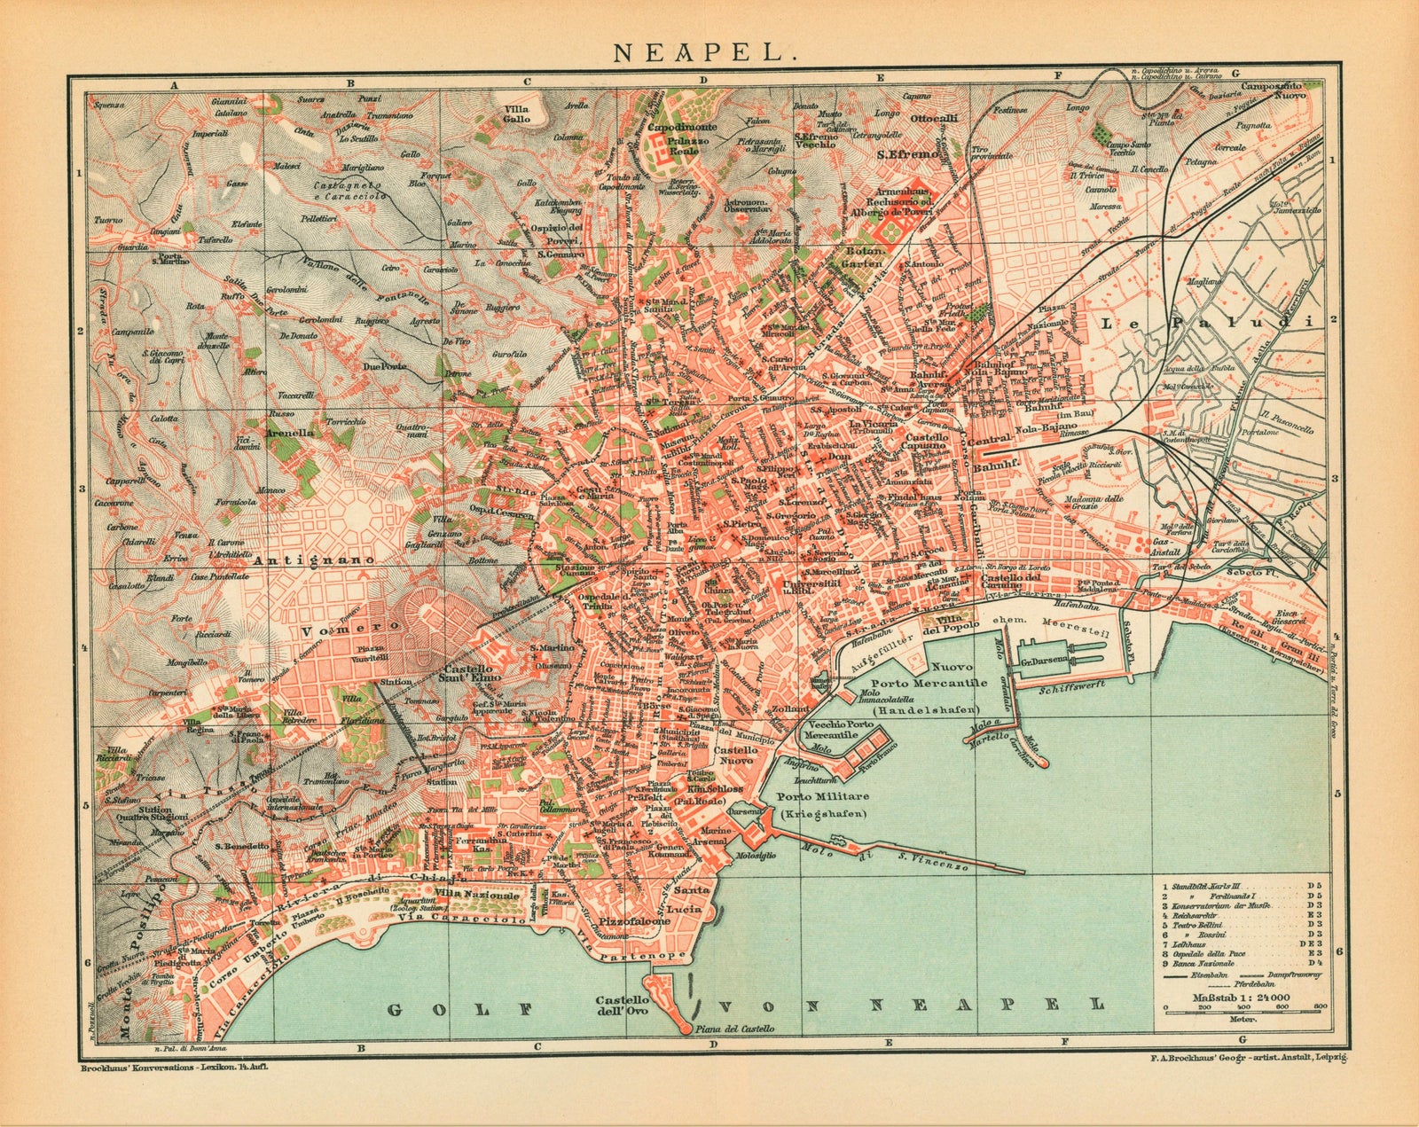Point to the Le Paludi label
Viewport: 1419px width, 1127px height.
(x=1205, y=325)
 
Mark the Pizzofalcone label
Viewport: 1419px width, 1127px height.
(x=631, y=921)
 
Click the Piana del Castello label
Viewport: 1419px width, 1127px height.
(x=735, y=1029)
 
